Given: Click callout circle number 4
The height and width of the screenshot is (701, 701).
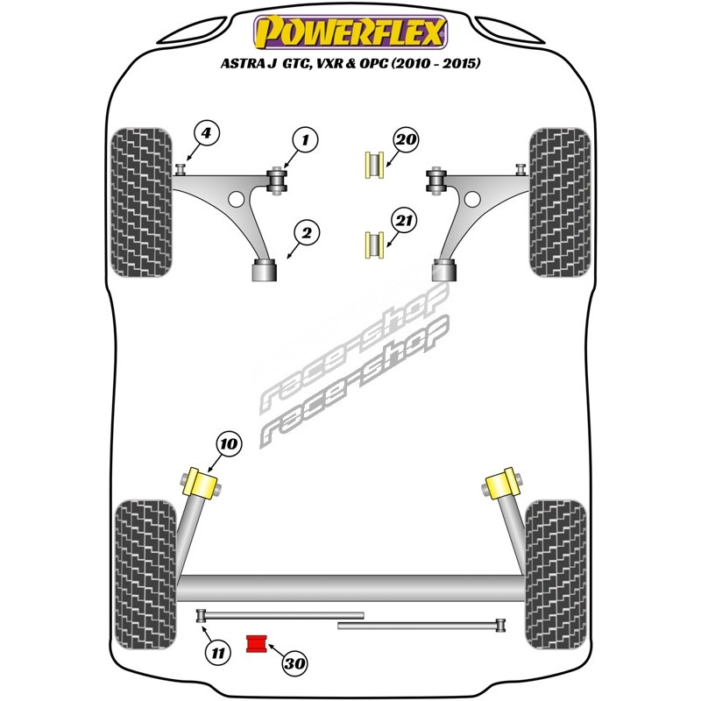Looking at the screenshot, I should [206, 134].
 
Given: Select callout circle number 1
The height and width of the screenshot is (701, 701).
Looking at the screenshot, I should [306, 139].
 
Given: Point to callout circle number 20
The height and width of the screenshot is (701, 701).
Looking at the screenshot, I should [406, 139].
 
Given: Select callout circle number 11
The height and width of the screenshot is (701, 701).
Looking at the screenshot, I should [216, 651].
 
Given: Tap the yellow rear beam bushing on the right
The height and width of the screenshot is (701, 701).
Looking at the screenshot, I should [502, 483].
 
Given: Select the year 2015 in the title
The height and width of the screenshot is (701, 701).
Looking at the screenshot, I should [456, 64].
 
